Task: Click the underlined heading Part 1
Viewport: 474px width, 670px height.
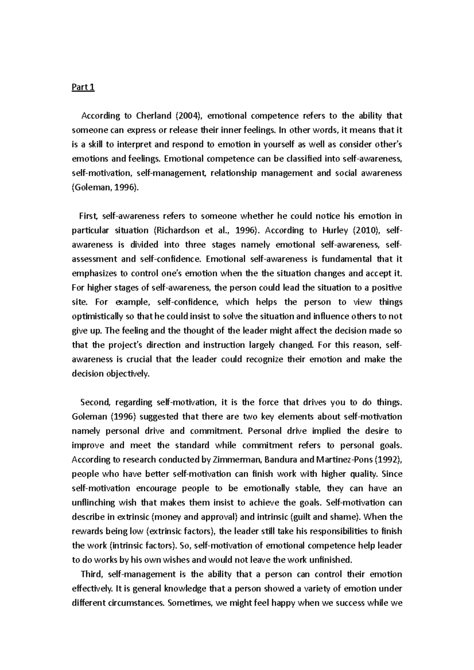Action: click(83, 87)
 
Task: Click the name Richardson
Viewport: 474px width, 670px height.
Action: click(176, 230)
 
